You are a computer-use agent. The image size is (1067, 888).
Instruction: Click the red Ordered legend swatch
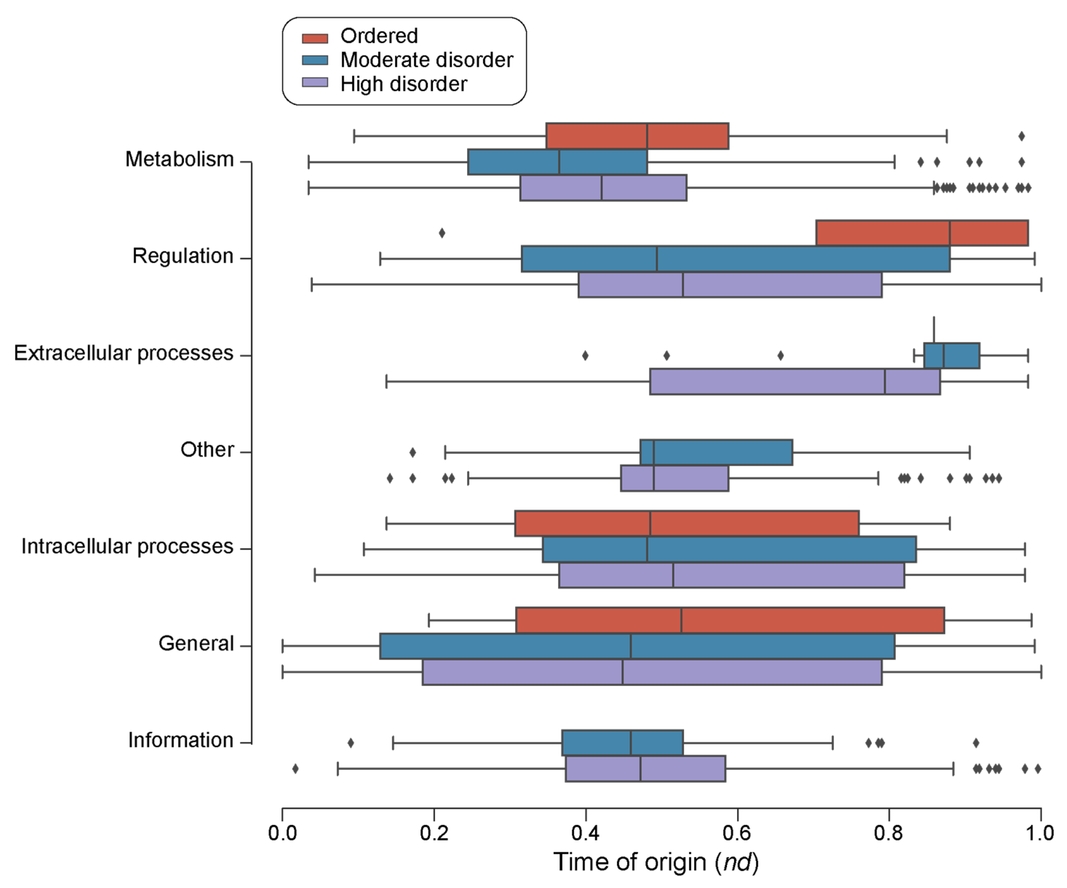click(x=315, y=38)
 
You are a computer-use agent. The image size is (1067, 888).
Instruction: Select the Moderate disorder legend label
click(x=426, y=60)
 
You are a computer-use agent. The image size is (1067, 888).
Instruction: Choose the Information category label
click(x=180, y=740)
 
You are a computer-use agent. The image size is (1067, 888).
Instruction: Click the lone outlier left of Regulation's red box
click(x=442, y=233)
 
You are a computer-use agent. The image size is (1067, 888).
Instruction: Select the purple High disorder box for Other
click(x=674, y=478)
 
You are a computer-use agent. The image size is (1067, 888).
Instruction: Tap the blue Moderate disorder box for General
click(x=637, y=646)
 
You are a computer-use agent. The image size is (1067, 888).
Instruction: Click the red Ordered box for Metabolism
click(x=637, y=136)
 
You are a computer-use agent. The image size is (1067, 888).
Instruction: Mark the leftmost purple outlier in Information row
click(x=295, y=769)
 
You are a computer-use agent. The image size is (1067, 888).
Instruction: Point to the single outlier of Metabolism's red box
click(x=1021, y=136)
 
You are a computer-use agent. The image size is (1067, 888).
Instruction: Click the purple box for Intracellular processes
click(x=731, y=575)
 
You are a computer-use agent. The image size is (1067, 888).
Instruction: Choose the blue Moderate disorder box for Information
click(x=622, y=743)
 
